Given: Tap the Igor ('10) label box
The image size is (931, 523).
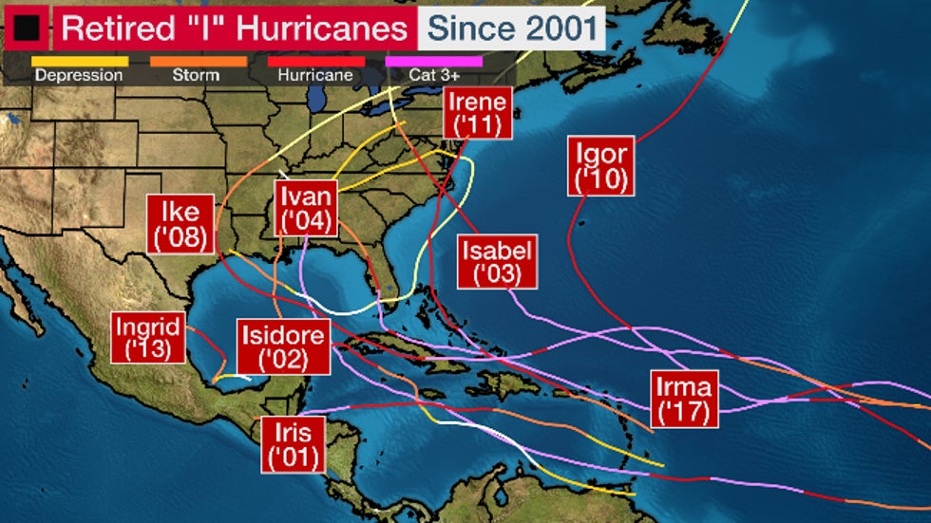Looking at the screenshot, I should (601, 166).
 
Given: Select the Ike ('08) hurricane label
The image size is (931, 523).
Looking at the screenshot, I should (180, 224).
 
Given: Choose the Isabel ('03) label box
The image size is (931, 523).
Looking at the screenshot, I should (497, 262).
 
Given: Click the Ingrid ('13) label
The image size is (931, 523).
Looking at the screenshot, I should (147, 337).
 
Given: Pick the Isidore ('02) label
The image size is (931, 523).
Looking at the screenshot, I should (284, 346).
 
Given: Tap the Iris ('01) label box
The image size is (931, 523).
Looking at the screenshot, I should (294, 444).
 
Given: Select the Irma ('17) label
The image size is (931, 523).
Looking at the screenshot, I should (685, 400).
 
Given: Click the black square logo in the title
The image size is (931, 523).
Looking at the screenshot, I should (26, 28).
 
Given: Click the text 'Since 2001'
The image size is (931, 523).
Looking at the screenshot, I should (511, 28).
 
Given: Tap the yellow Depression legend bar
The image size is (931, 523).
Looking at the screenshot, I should (80, 61).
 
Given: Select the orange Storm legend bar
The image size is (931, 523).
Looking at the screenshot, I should (198, 61).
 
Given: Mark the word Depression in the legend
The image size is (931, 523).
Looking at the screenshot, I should (80, 75).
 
